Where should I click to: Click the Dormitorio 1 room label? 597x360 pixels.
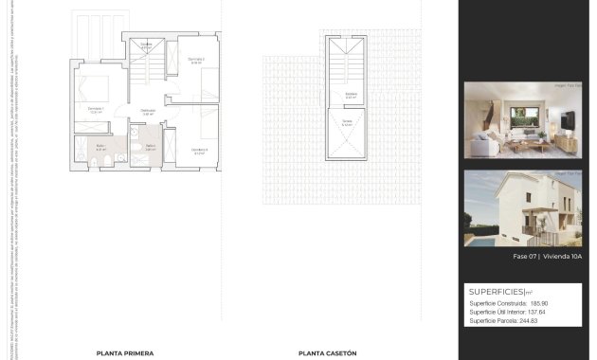(95, 109)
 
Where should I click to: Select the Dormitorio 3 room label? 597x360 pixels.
(199, 150)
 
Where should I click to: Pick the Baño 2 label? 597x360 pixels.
(150, 147)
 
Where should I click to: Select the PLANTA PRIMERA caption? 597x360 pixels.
(124, 352)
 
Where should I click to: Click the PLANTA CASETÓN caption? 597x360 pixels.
(327, 352)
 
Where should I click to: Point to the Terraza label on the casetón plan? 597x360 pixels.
(349, 122)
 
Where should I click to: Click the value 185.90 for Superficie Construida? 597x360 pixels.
(538, 303)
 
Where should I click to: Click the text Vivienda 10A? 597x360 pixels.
(562, 257)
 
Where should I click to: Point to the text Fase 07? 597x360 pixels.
(524, 257)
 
